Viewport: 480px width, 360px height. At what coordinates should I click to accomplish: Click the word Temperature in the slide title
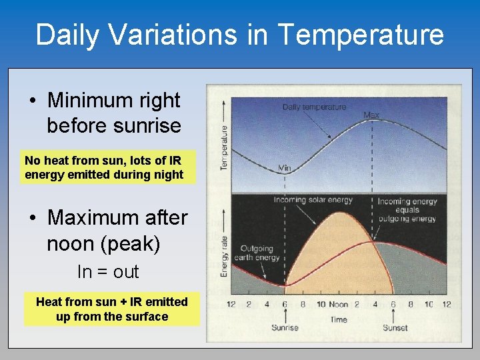pyautogui.click(x=359, y=35)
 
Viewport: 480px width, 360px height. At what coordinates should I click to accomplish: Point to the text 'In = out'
pyautogui.click(x=108, y=271)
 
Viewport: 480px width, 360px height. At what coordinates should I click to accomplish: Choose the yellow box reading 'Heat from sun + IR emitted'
pyautogui.click(x=112, y=309)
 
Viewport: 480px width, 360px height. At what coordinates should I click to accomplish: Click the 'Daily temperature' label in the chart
pyautogui.click(x=314, y=107)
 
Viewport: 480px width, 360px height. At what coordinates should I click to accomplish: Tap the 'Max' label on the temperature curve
pyautogui.click(x=371, y=115)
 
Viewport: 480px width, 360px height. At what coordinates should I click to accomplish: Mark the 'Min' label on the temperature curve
pyautogui.click(x=284, y=168)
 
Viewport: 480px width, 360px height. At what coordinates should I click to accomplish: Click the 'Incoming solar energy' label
pyautogui.click(x=313, y=199)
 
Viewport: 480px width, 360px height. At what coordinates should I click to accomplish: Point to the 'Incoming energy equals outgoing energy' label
pyautogui.click(x=407, y=209)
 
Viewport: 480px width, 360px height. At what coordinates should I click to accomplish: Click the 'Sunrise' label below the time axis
pyautogui.click(x=285, y=327)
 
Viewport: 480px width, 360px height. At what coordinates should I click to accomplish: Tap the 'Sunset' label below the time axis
pyautogui.click(x=395, y=327)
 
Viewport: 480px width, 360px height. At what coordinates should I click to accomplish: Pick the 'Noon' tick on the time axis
pyautogui.click(x=339, y=304)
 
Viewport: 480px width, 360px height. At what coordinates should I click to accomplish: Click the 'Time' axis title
pyautogui.click(x=339, y=319)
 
